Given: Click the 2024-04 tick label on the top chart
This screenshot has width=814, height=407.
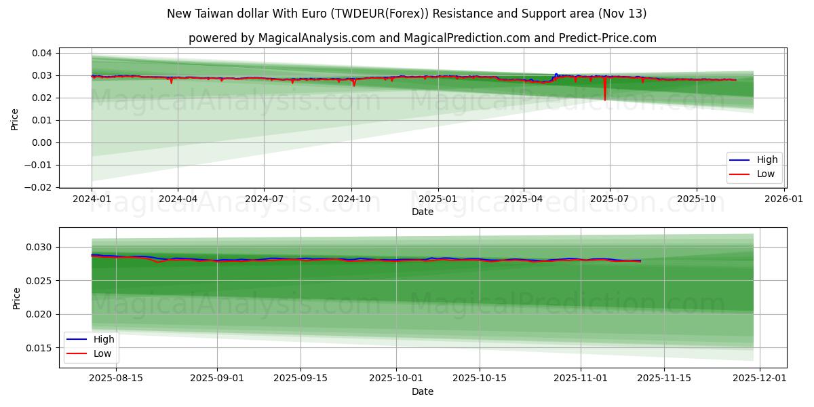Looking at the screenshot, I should click(x=178, y=199).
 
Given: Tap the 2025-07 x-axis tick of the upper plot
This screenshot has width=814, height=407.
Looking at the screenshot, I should click(x=609, y=199).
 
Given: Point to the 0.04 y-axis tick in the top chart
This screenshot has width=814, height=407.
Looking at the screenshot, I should click(x=42, y=53).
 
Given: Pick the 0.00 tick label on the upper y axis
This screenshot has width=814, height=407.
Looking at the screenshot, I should click(x=42, y=142).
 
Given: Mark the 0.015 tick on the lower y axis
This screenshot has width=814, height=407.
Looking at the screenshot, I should click(x=39, y=348).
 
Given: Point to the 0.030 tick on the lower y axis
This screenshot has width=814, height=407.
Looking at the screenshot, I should click(x=39, y=247).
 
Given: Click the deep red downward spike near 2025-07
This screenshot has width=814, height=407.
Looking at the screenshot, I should click(x=605, y=95).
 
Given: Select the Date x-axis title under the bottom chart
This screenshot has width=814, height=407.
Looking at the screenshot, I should click(x=422, y=391).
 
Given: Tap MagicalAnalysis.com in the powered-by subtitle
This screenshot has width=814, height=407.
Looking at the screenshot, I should click(x=316, y=38).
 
